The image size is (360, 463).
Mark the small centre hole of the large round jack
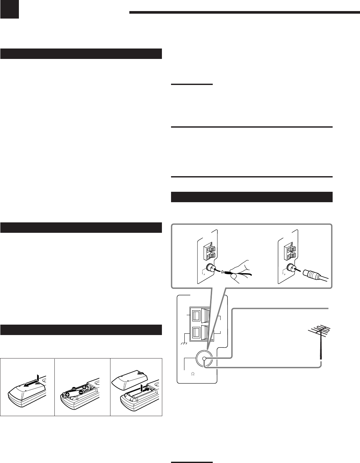(x=204, y=359)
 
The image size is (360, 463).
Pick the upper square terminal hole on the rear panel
(x=196, y=316)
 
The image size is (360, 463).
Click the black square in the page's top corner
(x=9, y=9)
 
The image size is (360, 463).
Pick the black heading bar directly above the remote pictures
(x=81, y=330)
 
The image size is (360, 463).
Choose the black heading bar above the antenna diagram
(x=252, y=197)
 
